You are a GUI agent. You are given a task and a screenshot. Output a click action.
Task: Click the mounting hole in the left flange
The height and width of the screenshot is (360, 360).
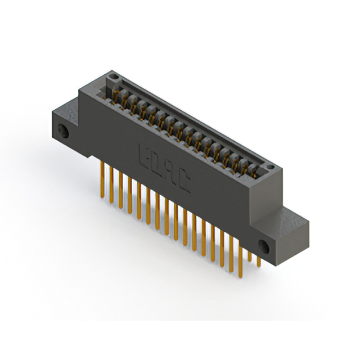pos(64,133)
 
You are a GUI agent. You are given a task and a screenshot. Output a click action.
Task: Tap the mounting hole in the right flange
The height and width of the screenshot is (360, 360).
pos(262,245)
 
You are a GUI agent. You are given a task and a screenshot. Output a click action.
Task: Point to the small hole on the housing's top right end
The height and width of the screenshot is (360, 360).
pos(271,167)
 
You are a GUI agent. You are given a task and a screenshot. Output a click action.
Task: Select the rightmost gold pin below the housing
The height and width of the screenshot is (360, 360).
pos(259,260)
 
